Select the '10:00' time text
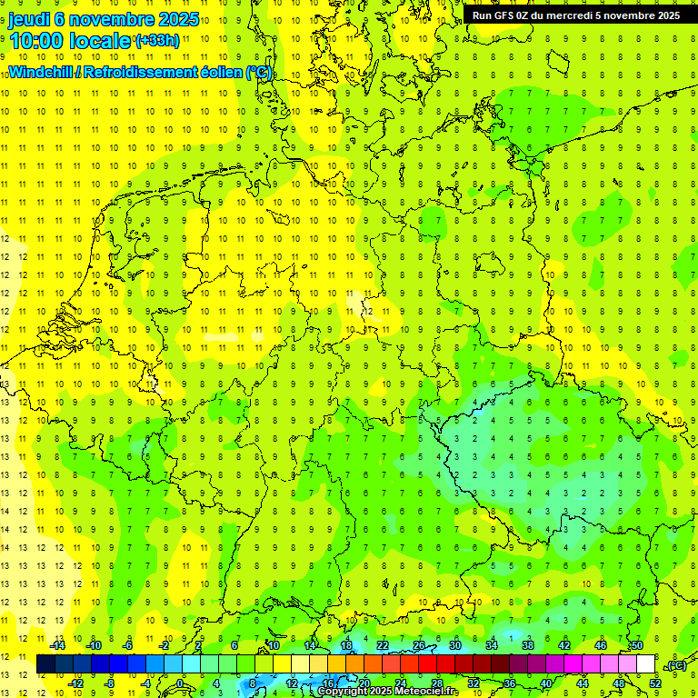click(35, 41)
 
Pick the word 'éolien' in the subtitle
click(215, 73)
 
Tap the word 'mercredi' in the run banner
click(590, 15)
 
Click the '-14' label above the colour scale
click(59, 644)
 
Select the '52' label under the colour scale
click(655, 683)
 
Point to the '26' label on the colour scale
click(419, 644)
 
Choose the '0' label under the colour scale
click(180, 683)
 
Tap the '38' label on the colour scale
click(527, 644)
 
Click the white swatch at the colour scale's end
click(645, 663)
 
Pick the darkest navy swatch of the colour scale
click(45, 663)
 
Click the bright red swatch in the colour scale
click(427, 663)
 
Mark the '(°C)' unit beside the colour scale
click(676, 665)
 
